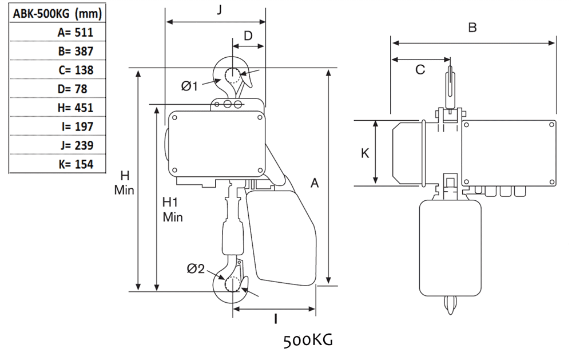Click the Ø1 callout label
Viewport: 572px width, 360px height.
pyautogui.click(x=189, y=86)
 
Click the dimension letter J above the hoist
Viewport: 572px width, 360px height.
pyautogui.click(x=220, y=10)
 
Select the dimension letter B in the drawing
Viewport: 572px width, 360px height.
pyautogui.click(x=472, y=27)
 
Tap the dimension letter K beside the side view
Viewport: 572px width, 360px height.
pyautogui.click(x=364, y=153)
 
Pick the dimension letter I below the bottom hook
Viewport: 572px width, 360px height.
pyautogui.click(x=276, y=318)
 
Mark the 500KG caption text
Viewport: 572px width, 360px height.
pyautogui.click(x=308, y=342)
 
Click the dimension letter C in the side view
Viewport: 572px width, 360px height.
pyautogui.click(x=420, y=70)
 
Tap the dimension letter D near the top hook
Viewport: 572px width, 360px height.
pyautogui.click(x=248, y=35)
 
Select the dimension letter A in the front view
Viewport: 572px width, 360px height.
pyautogui.click(x=315, y=183)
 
